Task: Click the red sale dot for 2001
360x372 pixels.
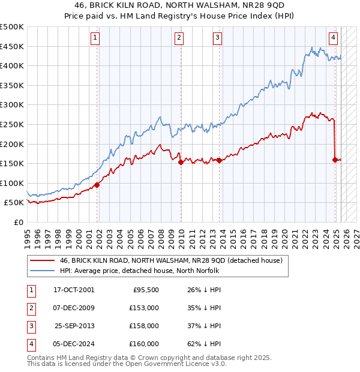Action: tap(97, 185)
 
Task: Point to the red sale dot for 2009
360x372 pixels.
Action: tap(180, 161)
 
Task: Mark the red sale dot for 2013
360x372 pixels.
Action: tap(219, 160)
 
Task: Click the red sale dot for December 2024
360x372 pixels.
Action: tap(335, 159)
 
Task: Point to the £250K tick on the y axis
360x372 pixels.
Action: tap(12, 124)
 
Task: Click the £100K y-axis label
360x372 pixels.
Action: tap(12, 183)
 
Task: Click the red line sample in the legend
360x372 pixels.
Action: tap(43, 260)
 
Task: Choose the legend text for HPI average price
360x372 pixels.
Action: tap(139, 271)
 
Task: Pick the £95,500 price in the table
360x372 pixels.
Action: tap(145, 289)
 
